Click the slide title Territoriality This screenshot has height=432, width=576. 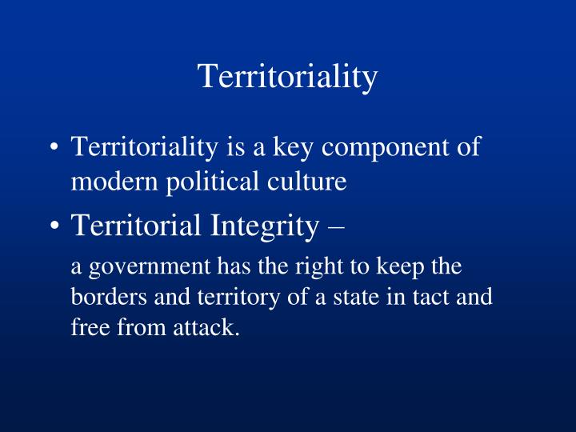tap(287, 77)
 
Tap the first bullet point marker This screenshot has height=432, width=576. tap(54, 149)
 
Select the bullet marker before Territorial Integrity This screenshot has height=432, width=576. tap(54, 226)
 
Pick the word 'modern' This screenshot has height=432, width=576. tap(110, 182)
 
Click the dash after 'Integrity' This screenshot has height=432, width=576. tap(337, 227)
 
